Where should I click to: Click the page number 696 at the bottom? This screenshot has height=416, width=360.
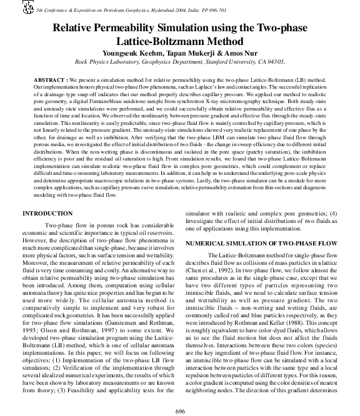coord(180,410)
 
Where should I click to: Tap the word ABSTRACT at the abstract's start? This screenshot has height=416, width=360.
coord(49,81)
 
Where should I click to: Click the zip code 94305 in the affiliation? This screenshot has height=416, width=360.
coord(274,62)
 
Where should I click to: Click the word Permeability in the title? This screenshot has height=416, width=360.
coord(131,27)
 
